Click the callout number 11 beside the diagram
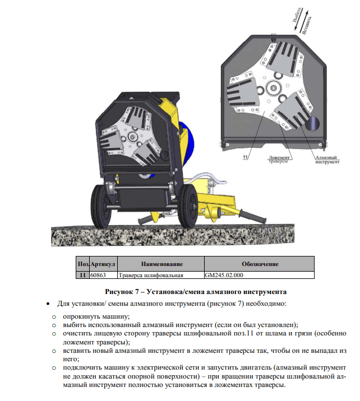coord(245,158)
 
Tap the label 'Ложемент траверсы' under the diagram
coord(278,160)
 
